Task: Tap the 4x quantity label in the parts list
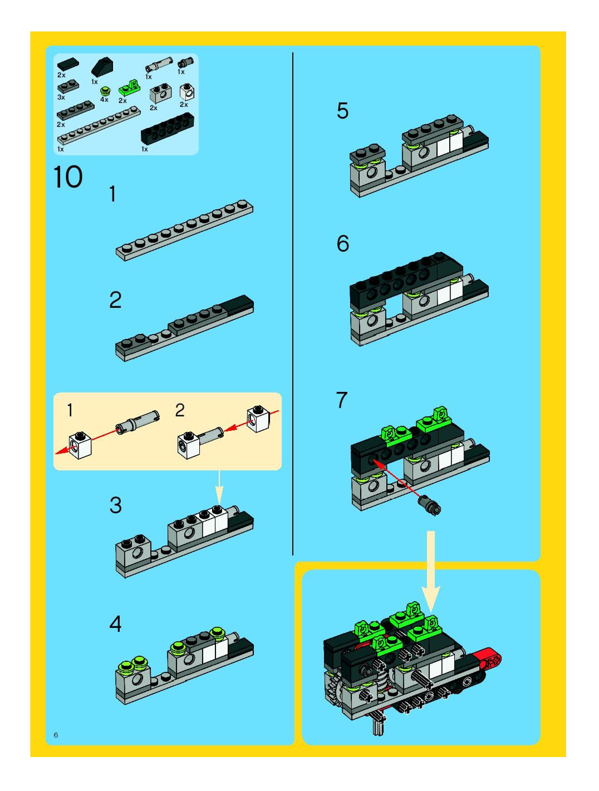104,99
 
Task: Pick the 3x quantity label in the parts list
61,97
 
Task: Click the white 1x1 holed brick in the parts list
187,92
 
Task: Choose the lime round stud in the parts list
105,91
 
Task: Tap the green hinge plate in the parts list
129,88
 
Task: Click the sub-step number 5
342,111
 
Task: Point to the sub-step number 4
115,624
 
